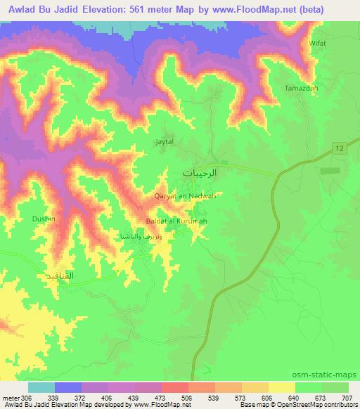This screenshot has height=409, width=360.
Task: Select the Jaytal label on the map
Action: pyautogui.click(x=164, y=141)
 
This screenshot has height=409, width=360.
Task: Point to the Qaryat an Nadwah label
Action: pyautogui.click(x=185, y=197)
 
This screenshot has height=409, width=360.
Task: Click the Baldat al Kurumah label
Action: pyautogui.click(x=176, y=222)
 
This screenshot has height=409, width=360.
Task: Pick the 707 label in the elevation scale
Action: pyautogui.click(x=346, y=396)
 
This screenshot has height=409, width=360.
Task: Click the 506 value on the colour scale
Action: pyautogui.click(x=188, y=396)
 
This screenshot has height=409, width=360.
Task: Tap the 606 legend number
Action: pyautogui.click(x=267, y=396)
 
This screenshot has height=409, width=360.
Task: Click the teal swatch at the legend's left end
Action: pyautogui.click(x=41, y=387)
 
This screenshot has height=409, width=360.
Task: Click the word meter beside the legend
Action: pyautogui.click(x=11, y=396)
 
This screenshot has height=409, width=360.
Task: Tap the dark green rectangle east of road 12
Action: pyautogui.click(x=328, y=171)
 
